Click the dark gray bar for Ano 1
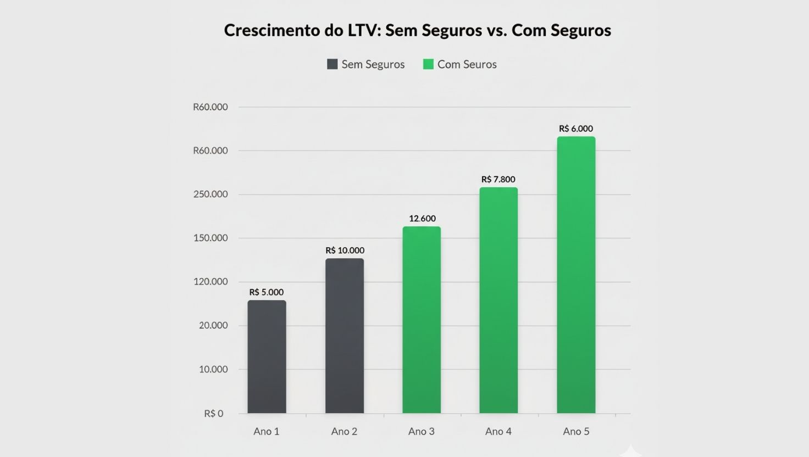click(267, 357)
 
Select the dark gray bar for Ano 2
click(344, 336)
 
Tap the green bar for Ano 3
click(422, 320)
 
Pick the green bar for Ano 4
click(498, 300)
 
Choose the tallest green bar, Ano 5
click(576, 275)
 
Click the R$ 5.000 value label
click(267, 292)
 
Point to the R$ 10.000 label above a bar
click(345, 250)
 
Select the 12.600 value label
click(422, 219)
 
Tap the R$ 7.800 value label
click(498, 180)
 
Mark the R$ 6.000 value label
click(576, 129)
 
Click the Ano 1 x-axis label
click(267, 432)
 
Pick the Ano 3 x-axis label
click(422, 432)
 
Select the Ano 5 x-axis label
click(576, 432)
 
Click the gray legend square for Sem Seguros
click(332, 64)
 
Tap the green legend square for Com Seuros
click(428, 64)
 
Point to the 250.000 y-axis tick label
click(210, 194)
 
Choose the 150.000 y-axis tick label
click(210, 238)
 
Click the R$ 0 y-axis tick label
click(214, 414)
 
